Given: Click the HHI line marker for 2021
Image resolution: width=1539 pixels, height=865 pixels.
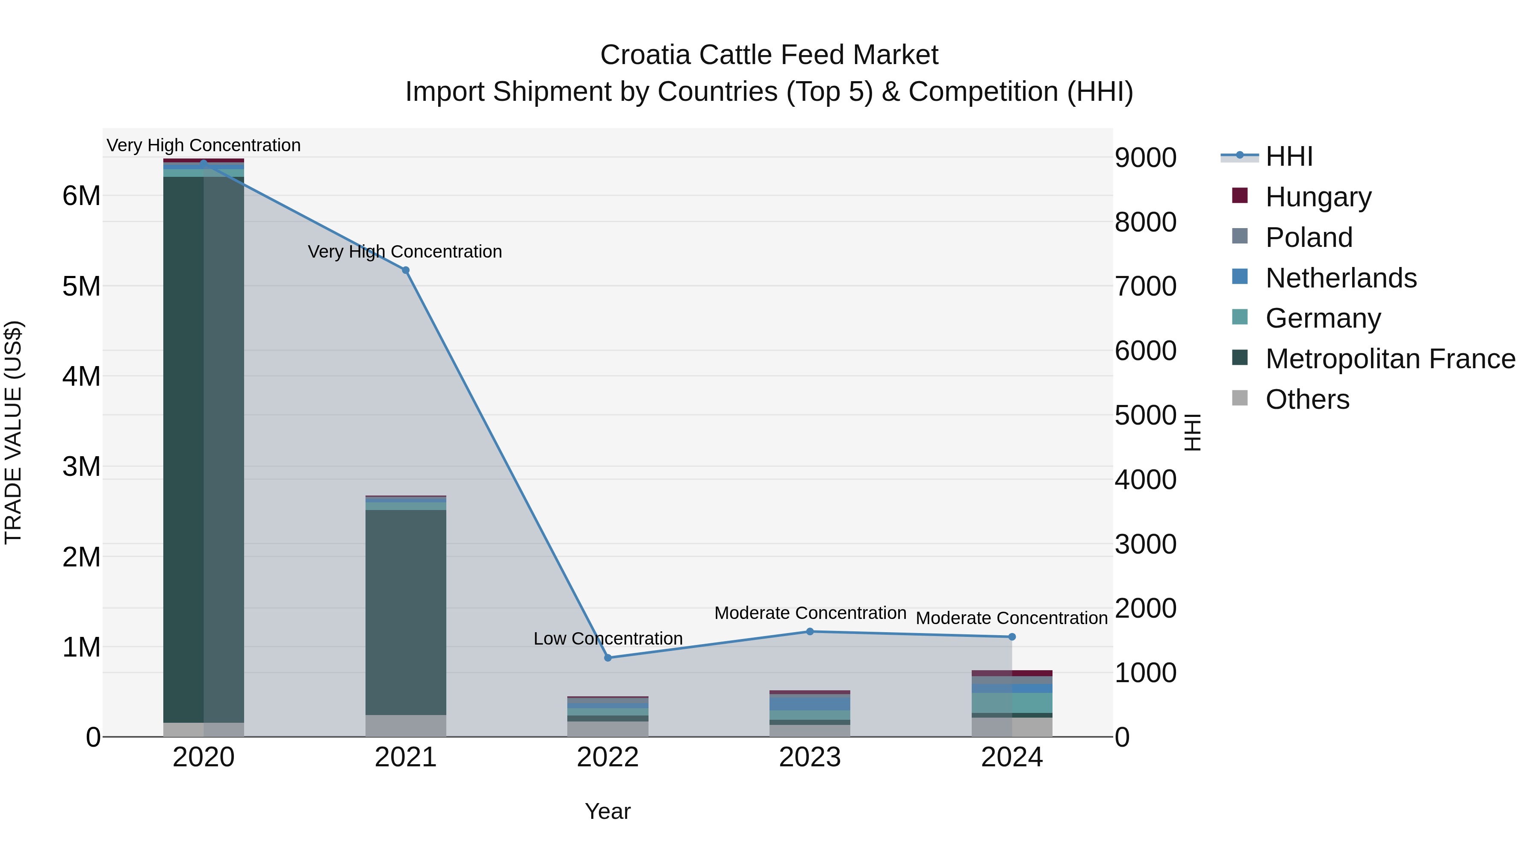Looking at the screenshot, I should coord(406,270).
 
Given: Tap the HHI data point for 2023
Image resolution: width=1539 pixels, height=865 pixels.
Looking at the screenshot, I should coord(810,632).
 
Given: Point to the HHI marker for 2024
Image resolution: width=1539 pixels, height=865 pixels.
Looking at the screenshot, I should coord(1012,637).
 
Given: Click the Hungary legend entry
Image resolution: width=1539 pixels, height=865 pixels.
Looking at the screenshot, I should coord(1318,196).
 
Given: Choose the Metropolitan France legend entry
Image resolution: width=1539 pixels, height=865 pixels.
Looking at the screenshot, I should coord(1390,359).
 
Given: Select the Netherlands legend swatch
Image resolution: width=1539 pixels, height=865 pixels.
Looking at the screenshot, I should coord(1240,277).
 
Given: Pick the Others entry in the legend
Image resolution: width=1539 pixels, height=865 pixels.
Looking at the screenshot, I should coord(1307,399).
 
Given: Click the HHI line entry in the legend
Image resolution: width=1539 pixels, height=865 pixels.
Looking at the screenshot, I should coord(1288,156).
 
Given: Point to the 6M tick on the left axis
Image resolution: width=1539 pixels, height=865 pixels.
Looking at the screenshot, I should coord(81,196).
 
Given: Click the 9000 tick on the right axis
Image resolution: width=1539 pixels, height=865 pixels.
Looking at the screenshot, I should coord(1145,158).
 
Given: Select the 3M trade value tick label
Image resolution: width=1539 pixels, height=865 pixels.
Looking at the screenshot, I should coord(81,467).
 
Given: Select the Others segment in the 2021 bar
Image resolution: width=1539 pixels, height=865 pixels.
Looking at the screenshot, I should coord(406,725).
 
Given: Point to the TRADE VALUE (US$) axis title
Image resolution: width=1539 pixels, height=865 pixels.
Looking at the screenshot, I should coord(13,432).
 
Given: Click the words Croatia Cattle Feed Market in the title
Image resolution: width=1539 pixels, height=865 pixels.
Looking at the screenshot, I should coord(769,55).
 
